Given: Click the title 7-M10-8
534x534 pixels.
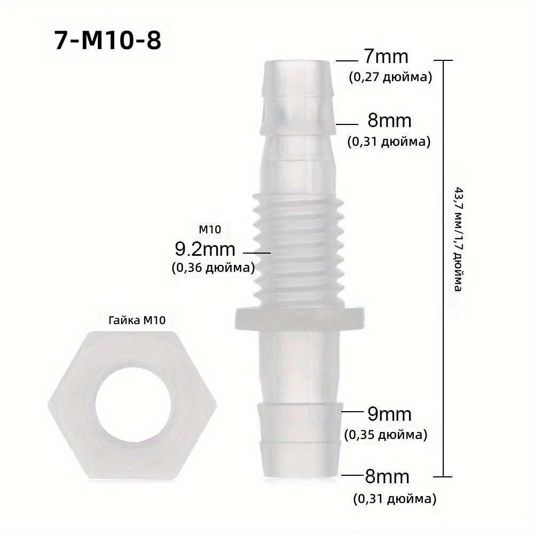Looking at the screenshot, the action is pos(108,41).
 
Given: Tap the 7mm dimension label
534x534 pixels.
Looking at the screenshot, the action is pos(386,57).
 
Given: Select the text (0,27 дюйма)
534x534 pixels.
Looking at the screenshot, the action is pos(390,77).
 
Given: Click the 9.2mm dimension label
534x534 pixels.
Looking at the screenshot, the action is pos(205,249).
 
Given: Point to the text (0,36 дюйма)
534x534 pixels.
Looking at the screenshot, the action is pos(213,268).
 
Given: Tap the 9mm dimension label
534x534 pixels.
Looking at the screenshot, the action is pos(389,414).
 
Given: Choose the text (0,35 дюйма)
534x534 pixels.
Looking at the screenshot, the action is pos(386,435).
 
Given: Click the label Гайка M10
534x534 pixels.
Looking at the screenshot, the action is pos(137,320).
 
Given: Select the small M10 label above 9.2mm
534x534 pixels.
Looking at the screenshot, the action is pos(210,230).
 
